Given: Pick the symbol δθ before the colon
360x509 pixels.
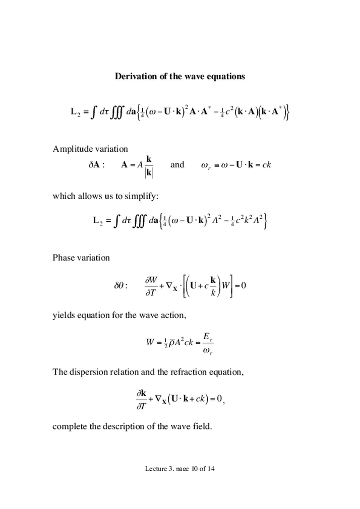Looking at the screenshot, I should point(121,286).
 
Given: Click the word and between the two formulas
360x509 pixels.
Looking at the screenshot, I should point(177,164).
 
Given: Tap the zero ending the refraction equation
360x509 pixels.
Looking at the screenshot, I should point(219,399).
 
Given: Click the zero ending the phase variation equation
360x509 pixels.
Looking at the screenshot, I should point(243,285).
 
